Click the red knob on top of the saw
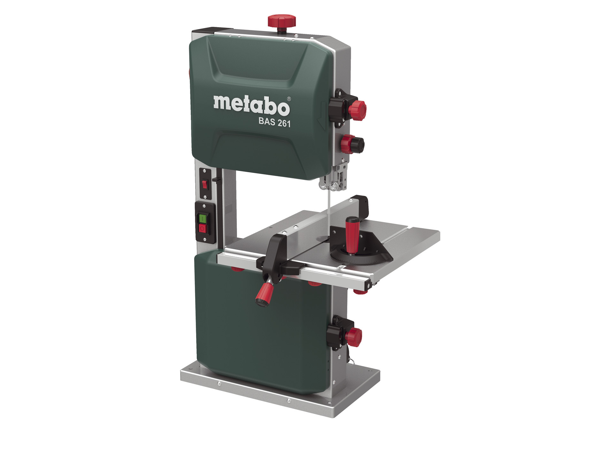281,21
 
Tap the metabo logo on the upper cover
252,105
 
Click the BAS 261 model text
274,122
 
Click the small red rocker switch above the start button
204,184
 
